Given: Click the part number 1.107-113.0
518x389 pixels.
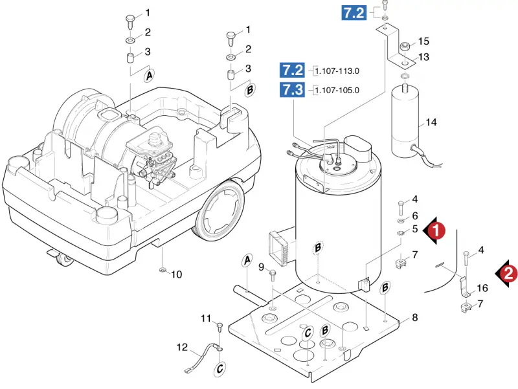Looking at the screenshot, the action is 337,71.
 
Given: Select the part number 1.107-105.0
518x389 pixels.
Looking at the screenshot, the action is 337,90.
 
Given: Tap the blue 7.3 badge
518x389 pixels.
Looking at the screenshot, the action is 293,89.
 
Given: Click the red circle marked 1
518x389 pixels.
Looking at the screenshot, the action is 436,230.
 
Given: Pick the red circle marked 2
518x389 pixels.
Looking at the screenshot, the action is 508,273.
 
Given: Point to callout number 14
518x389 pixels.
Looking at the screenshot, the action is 431,122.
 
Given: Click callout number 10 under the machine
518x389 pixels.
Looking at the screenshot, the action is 176,274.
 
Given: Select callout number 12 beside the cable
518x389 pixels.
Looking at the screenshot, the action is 182,348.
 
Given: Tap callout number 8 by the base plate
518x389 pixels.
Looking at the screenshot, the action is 415,317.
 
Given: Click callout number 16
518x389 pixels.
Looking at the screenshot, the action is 482,288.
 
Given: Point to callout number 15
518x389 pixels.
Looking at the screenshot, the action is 423,41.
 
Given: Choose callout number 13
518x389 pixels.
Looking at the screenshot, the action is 423,57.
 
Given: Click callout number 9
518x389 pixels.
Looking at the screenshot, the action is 262,267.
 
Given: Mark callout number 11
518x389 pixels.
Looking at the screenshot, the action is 206,318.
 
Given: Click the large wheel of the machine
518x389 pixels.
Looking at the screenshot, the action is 219,210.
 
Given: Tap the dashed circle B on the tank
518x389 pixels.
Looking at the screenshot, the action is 318,247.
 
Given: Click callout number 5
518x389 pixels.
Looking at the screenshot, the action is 415,229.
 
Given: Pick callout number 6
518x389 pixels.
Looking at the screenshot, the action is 415,216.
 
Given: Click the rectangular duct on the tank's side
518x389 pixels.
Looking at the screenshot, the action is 282,246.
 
